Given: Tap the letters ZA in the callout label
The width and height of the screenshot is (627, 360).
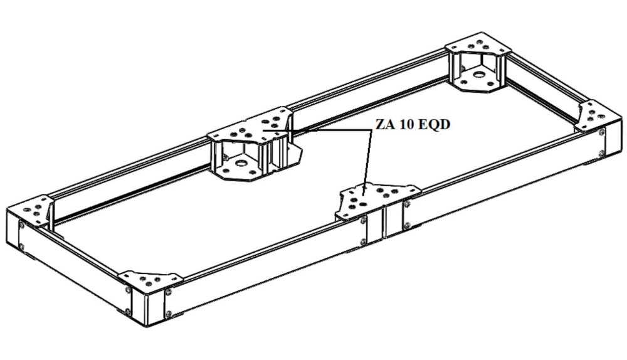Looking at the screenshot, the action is [x=385, y=124].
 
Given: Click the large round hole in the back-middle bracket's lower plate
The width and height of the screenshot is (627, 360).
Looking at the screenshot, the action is [x=241, y=163].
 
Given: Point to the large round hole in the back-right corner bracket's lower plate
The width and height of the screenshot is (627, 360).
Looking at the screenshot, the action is [x=478, y=75].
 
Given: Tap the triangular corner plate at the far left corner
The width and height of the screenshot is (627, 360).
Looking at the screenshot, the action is [x=31, y=210].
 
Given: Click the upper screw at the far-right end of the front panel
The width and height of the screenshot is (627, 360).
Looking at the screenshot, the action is [x=602, y=132].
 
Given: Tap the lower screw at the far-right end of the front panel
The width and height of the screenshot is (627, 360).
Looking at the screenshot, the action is [x=601, y=153].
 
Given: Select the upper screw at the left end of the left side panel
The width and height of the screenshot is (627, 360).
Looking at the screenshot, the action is [x=21, y=226].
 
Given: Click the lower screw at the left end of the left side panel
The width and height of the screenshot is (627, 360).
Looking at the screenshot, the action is [x=21, y=247].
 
